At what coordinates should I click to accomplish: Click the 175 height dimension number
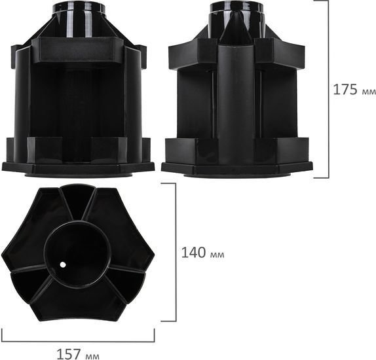tap(345, 90)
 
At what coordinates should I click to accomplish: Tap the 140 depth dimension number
tap(193, 253)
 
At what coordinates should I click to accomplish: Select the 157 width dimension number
tap(69, 354)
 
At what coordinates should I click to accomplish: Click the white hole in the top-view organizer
tap(63, 264)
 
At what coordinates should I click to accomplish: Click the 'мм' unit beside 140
tap(217, 255)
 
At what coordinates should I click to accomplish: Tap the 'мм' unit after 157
tap(92, 356)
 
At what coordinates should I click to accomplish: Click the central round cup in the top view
tap(77, 255)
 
